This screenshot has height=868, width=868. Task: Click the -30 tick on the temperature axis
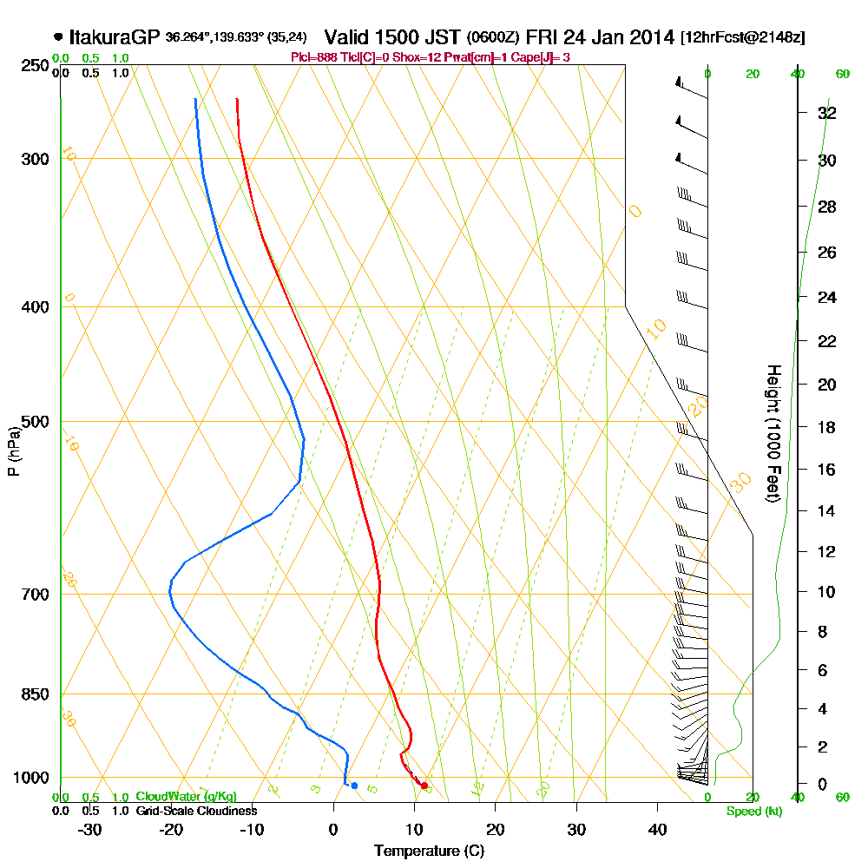click(x=90, y=829)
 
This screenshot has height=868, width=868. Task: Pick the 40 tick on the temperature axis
click(x=657, y=829)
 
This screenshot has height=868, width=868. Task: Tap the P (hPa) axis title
click(x=13, y=450)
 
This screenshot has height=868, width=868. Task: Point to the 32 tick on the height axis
click(x=827, y=113)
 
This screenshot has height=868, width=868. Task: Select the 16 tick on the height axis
click(x=827, y=470)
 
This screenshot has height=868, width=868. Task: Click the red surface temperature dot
click(x=424, y=786)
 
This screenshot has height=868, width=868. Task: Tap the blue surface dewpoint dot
click(x=354, y=786)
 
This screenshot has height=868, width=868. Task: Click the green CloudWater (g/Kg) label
click(x=186, y=797)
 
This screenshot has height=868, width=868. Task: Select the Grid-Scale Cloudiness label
click(x=196, y=811)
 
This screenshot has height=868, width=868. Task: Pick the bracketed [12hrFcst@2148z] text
click(x=743, y=38)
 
